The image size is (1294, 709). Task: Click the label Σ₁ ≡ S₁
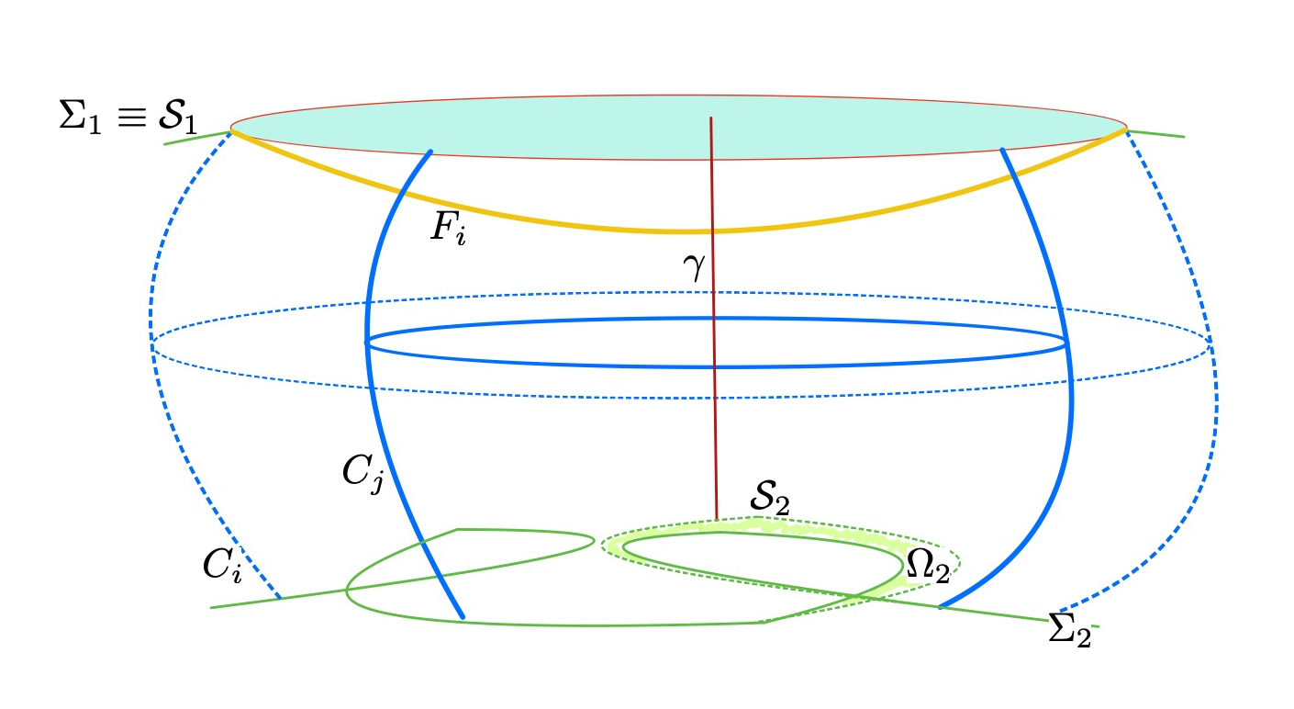(128, 119)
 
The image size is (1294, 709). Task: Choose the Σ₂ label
(1070, 633)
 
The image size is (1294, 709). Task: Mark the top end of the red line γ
(710, 118)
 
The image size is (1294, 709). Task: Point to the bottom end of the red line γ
(716, 518)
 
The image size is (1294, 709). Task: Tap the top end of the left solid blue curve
(431, 152)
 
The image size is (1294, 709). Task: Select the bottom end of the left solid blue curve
(462, 617)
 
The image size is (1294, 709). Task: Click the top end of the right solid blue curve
(1001, 149)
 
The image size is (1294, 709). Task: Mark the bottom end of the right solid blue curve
(940, 607)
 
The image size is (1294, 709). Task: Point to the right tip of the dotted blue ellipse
(1210, 345)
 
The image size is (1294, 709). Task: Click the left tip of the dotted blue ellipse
(151, 346)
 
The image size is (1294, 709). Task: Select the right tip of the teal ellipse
(1127, 127)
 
